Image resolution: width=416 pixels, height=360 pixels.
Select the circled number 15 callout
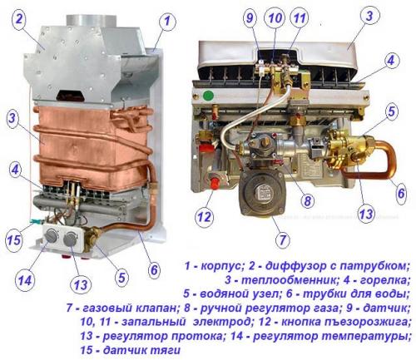click(x=13, y=241)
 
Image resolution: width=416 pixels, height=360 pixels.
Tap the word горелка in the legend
click(x=374, y=284)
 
